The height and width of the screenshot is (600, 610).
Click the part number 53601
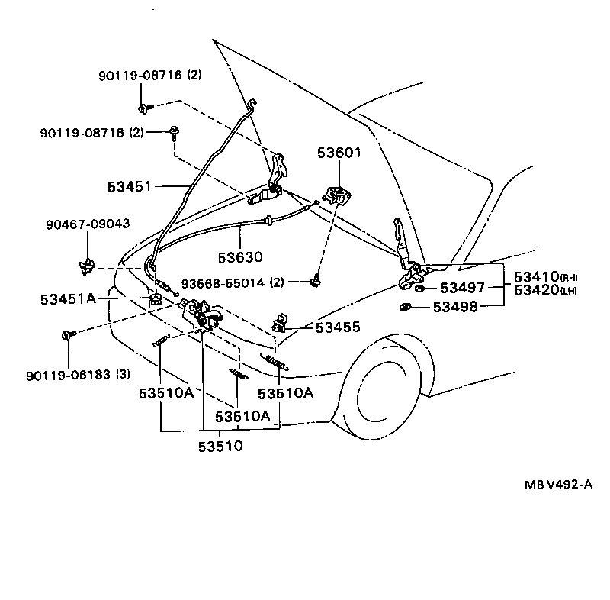[339, 153]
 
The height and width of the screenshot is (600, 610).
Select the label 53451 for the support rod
[130, 185]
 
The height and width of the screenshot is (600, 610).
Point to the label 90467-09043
[88, 224]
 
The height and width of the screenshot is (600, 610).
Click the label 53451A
[69, 298]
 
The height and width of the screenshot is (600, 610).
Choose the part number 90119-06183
[68, 375]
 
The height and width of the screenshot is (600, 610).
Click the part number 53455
[339, 327]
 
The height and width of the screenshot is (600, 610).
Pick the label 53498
[455, 307]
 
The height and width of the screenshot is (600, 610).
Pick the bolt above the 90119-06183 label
[66, 334]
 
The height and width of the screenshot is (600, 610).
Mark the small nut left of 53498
[405, 307]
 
